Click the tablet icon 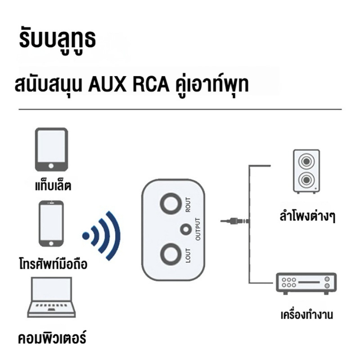coord(51,149)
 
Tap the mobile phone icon coord(51,224)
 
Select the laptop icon coord(51,297)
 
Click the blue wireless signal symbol coord(102,236)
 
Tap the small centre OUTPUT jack coord(186,229)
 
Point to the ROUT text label coord(188,205)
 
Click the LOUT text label coord(188,255)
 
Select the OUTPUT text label coord(198,229)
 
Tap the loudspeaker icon coord(306,171)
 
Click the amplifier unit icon coord(306,283)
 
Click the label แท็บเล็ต coord(53,186)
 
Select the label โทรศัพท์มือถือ coord(53,264)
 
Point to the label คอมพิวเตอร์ coord(52,337)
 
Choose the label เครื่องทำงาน coord(307,315)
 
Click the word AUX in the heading coord(108,85)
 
